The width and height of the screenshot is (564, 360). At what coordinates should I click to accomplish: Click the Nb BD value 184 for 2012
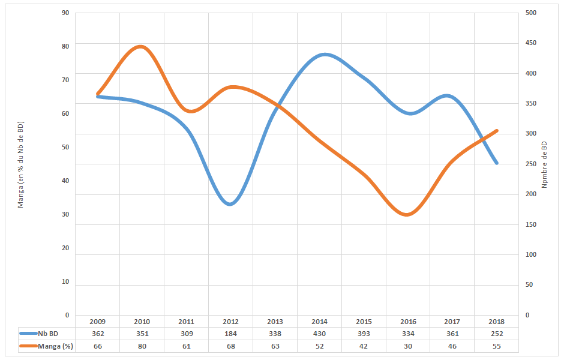(230, 334)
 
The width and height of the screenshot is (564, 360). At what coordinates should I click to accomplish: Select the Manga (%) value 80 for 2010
(142, 346)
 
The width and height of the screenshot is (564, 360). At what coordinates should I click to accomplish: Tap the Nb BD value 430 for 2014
(319, 334)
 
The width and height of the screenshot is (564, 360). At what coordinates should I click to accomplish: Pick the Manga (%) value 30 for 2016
(408, 346)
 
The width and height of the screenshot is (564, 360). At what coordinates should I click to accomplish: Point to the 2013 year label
(275, 322)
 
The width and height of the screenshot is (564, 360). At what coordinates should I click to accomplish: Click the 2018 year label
(496, 322)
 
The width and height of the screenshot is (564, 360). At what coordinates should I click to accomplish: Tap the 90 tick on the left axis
(65, 13)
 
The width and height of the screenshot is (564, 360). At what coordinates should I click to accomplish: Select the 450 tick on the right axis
(530, 43)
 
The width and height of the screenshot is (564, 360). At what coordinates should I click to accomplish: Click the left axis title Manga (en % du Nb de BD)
(20, 164)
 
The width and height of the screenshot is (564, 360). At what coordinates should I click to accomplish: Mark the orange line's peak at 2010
(141, 46)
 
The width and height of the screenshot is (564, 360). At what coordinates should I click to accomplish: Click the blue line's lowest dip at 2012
(230, 204)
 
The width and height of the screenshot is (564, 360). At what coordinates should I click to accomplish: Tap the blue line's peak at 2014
(325, 55)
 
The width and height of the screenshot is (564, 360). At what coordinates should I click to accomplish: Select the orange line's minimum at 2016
(407, 214)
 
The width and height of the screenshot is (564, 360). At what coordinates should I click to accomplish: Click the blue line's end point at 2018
(496, 163)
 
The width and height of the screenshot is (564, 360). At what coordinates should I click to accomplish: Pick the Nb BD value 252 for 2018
(496, 334)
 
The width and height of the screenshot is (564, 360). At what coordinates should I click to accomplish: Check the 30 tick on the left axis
(65, 214)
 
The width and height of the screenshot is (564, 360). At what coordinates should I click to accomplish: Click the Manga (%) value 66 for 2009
(97, 346)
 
